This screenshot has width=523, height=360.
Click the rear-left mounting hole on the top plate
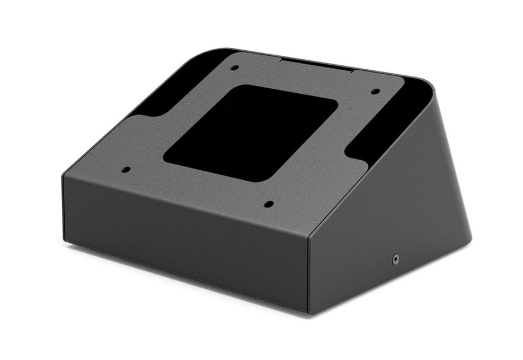[235, 68]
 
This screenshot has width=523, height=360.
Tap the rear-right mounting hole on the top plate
[376, 92]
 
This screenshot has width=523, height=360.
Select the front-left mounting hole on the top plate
[126, 170]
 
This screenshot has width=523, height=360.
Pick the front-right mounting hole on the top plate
[268, 204]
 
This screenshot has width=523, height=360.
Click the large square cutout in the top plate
[251, 132]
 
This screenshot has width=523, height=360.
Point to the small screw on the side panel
[396, 259]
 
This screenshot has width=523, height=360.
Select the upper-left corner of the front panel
[65, 174]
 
